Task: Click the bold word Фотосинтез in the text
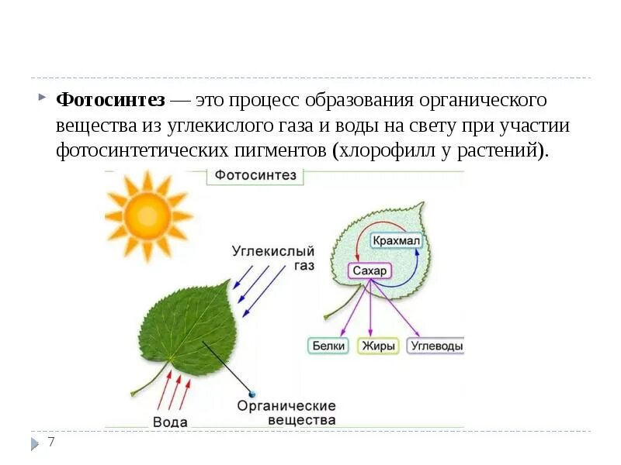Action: click(x=110, y=101)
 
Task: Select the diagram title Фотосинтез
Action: click(x=255, y=175)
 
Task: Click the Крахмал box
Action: click(x=396, y=240)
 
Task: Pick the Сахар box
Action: click(x=369, y=271)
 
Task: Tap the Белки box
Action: click(x=329, y=346)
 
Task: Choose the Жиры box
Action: click(x=378, y=346)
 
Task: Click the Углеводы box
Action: click(x=436, y=346)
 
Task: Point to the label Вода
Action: click(x=170, y=422)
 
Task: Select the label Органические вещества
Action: click(x=286, y=413)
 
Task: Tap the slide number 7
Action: click(x=51, y=443)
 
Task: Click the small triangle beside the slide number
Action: click(x=36, y=444)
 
